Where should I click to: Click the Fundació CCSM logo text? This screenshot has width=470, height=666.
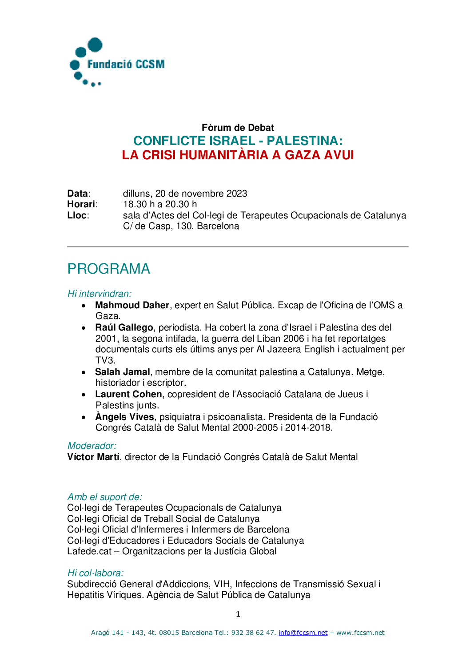pyautogui.click(x=126, y=64)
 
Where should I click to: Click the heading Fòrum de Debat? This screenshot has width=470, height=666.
pyautogui.click(x=238, y=128)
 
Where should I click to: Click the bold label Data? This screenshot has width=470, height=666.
pyautogui.click(x=78, y=194)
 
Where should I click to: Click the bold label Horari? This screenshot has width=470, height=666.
pyautogui.click(x=81, y=204)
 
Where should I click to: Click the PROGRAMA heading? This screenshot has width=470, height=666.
pyautogui.click(x=109, y=269)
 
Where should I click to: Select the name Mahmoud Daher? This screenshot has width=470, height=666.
pyautogui.click(x=132, y=305)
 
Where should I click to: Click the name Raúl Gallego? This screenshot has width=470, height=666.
pyautogui.click(x=124, y=327)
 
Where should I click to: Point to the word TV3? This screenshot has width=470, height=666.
pyautogui.click(x=105, y=360)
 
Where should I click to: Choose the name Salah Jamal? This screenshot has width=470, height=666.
pyautogui.click(x=122, y=372)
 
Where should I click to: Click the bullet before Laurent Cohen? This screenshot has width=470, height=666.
pyautogui.click(x=84, y=395)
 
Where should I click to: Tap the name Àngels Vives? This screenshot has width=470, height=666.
pyautogui.click(x=124, y=417)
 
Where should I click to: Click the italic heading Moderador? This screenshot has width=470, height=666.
pyautogui.click(x=92, y=446)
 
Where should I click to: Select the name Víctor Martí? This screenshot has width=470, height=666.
pyautogui.click(x=93, y=457)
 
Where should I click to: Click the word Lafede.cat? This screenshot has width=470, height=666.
pyautogui.click(x=89, y=551)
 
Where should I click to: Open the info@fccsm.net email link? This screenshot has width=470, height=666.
pyautogui.click(x=303, y=633)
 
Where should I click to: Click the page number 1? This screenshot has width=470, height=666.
pyautogui.click(x=238, y=614)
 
